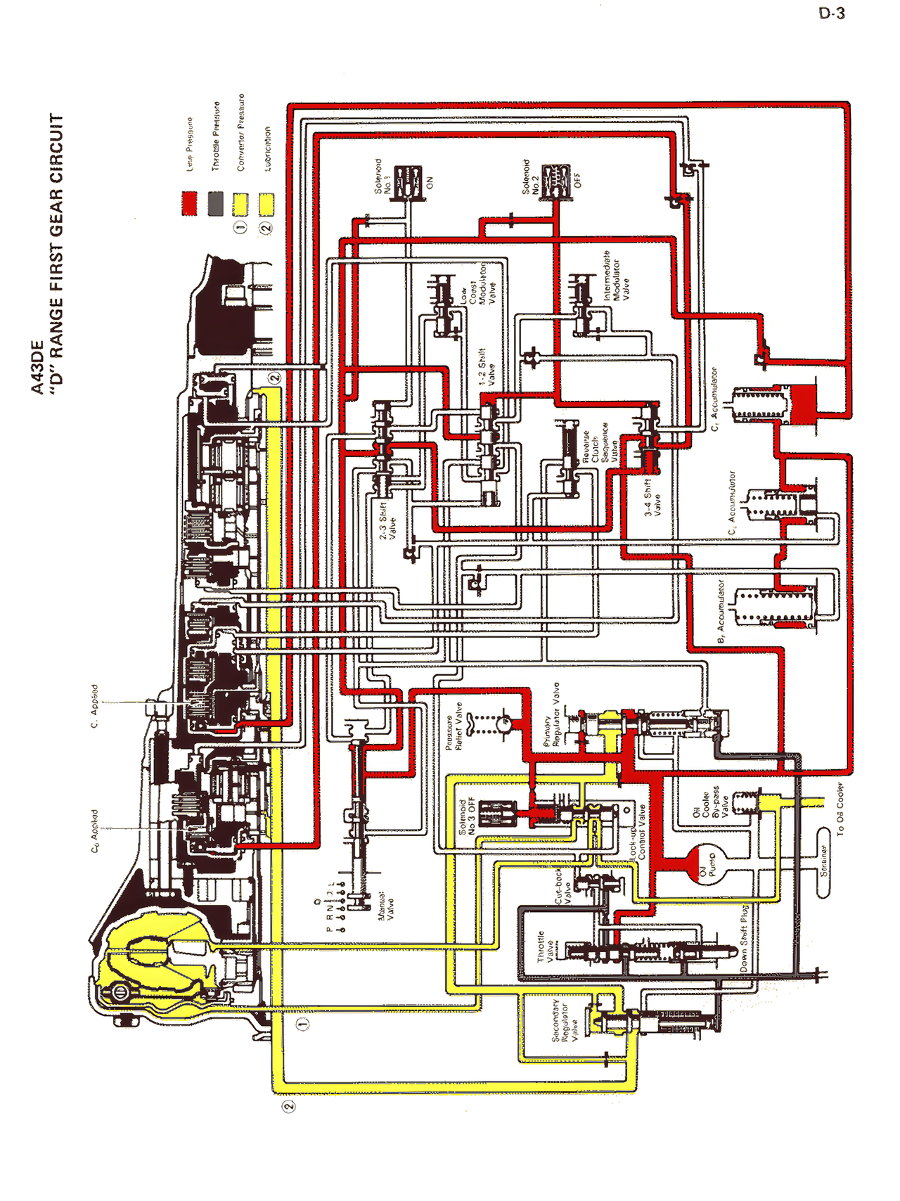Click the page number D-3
[832, 13]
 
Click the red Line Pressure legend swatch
[189, 203]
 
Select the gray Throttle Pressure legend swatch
[216, 203]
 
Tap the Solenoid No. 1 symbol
[407, 182]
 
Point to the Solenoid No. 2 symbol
[556, 181]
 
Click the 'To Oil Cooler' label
[840, 809]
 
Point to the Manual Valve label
[386, 907]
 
